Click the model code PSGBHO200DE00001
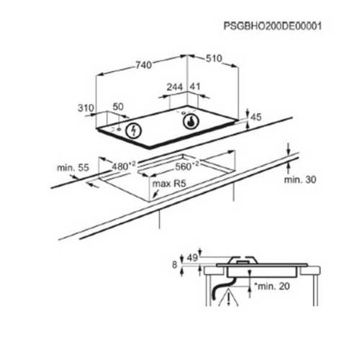click(272, 26)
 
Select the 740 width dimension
click(144, 65)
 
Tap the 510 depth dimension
click(214, 58)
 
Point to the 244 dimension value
click(175, 87)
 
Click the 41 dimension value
click(195, 86)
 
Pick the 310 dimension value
click(86, 108)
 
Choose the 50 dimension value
click(118, 107)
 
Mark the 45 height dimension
click(256, 117)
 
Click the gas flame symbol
click(191, 122)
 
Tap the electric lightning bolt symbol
click(134, 131)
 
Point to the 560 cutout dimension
click(187, 166)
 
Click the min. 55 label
click(73, 168)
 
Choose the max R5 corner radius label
click(169, 184)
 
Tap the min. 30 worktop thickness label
click(300, 179)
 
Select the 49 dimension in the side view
click(192, 258)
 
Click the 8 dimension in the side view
click(174, 265)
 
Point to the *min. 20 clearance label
click(271, 286)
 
